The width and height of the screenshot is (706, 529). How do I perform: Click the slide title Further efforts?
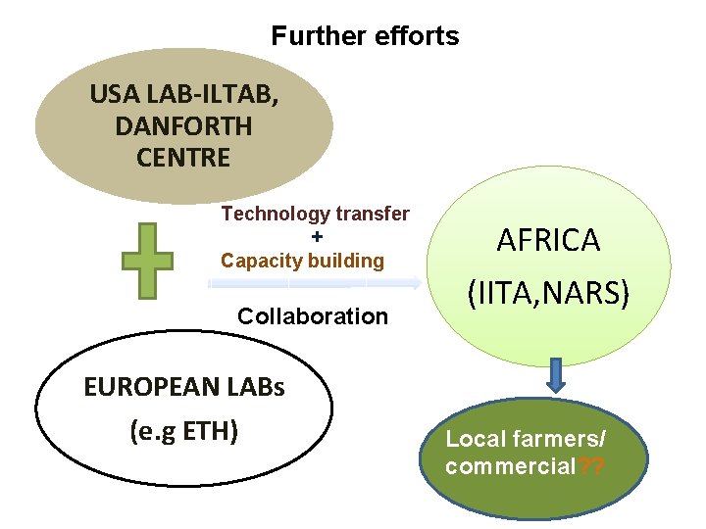click(365, 36)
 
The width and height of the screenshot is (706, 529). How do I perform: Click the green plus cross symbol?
click(147, 260)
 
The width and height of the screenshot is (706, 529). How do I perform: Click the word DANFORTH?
click(183, 126)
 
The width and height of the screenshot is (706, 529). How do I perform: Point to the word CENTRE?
click(183, 157)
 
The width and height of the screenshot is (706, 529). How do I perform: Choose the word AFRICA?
click(548, 240)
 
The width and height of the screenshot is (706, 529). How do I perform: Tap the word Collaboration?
click(313, 316)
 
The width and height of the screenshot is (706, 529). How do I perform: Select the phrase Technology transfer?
click(315, 214)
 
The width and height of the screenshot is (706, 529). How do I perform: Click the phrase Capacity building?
click(302, 261)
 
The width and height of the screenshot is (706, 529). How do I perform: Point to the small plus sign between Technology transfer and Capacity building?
click(316, 237)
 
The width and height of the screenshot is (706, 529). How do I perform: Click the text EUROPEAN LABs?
click(184, 387)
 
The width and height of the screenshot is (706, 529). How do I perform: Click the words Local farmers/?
click(527, 439)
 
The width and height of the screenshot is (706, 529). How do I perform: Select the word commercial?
click(510, 465)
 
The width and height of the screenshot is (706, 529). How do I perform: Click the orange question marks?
click(591, 465)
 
